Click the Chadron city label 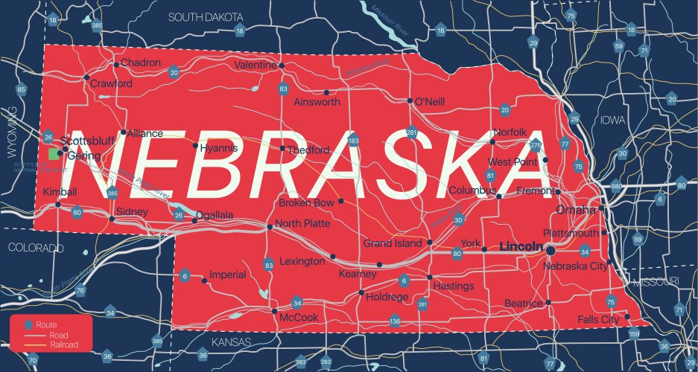141,62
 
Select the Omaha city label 577,210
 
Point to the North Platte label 302,223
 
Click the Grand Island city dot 430,243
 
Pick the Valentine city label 255,65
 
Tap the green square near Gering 53,153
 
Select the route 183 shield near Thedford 353,140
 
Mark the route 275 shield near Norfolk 536,144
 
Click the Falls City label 598,319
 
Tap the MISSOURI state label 655,282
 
